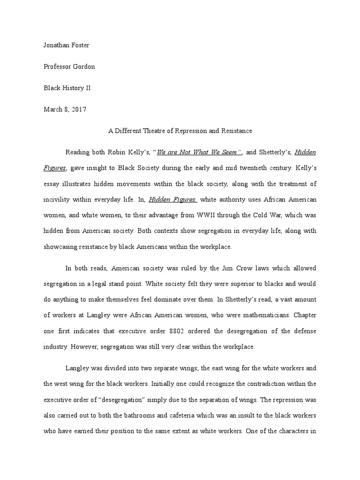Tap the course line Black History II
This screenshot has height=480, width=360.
[x=68, y=88]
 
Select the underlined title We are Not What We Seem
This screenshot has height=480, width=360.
[x=199, y=152]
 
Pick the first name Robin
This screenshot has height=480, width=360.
[x=120, y=152]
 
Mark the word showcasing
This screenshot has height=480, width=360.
[x=60, y=246]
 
